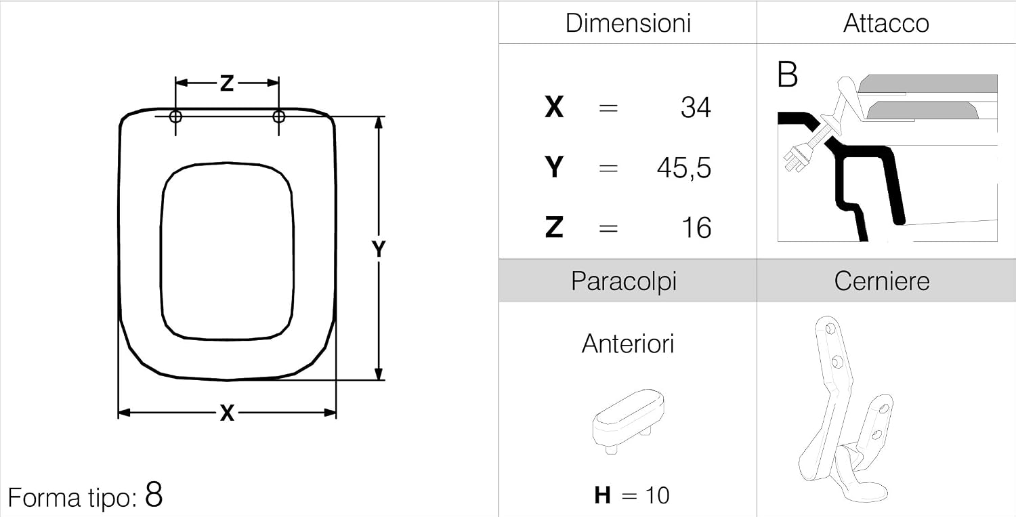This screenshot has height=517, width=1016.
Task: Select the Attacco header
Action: (x=886, y=23)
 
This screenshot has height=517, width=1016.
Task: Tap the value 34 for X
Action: (x=696, y=108)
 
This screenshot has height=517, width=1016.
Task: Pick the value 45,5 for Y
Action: (x=684, y=168)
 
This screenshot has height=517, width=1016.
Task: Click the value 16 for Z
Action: (x=697, y=228)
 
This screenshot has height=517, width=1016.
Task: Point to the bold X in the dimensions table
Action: (x=554, y=108)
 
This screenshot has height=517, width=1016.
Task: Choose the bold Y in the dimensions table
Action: (x=554, y=167)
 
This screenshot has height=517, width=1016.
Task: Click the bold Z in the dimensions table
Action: (x=554, y=228)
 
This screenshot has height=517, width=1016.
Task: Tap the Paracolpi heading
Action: (x=624, y=281)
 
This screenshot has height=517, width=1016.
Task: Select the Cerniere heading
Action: (x=882, y=281)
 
